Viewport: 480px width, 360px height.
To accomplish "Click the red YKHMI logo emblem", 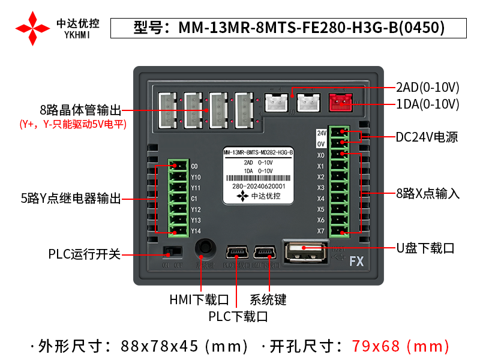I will click(x=33, y=28).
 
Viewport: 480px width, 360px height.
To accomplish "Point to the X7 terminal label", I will click(x=321, y=231).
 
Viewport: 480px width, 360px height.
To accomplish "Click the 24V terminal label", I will click(x=321, y=133).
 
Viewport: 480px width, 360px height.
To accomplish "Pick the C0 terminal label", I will click(x=194, y=166).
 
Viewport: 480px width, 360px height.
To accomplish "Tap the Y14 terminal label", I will click(x=196, y=231).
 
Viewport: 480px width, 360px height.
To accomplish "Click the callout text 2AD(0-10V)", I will click(x=427, y=86).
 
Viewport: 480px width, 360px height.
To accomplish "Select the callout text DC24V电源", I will click(x=427, y=137).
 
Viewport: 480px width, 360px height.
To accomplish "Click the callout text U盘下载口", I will click(x=425, y=248).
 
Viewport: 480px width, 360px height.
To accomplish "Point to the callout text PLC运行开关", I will click(x=85, y=254).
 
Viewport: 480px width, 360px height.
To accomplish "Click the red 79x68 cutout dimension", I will click(x=400, y=346).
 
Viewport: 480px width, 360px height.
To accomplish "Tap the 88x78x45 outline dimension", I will click(x=185, y=346).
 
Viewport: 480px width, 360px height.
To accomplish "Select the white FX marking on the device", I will click(x=357, y=262).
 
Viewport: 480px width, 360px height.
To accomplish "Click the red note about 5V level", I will click(x=73, y=125).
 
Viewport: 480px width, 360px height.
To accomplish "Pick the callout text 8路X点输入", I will click(x=428, y=193).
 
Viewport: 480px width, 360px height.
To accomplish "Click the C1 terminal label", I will click(x=194, y=199).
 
